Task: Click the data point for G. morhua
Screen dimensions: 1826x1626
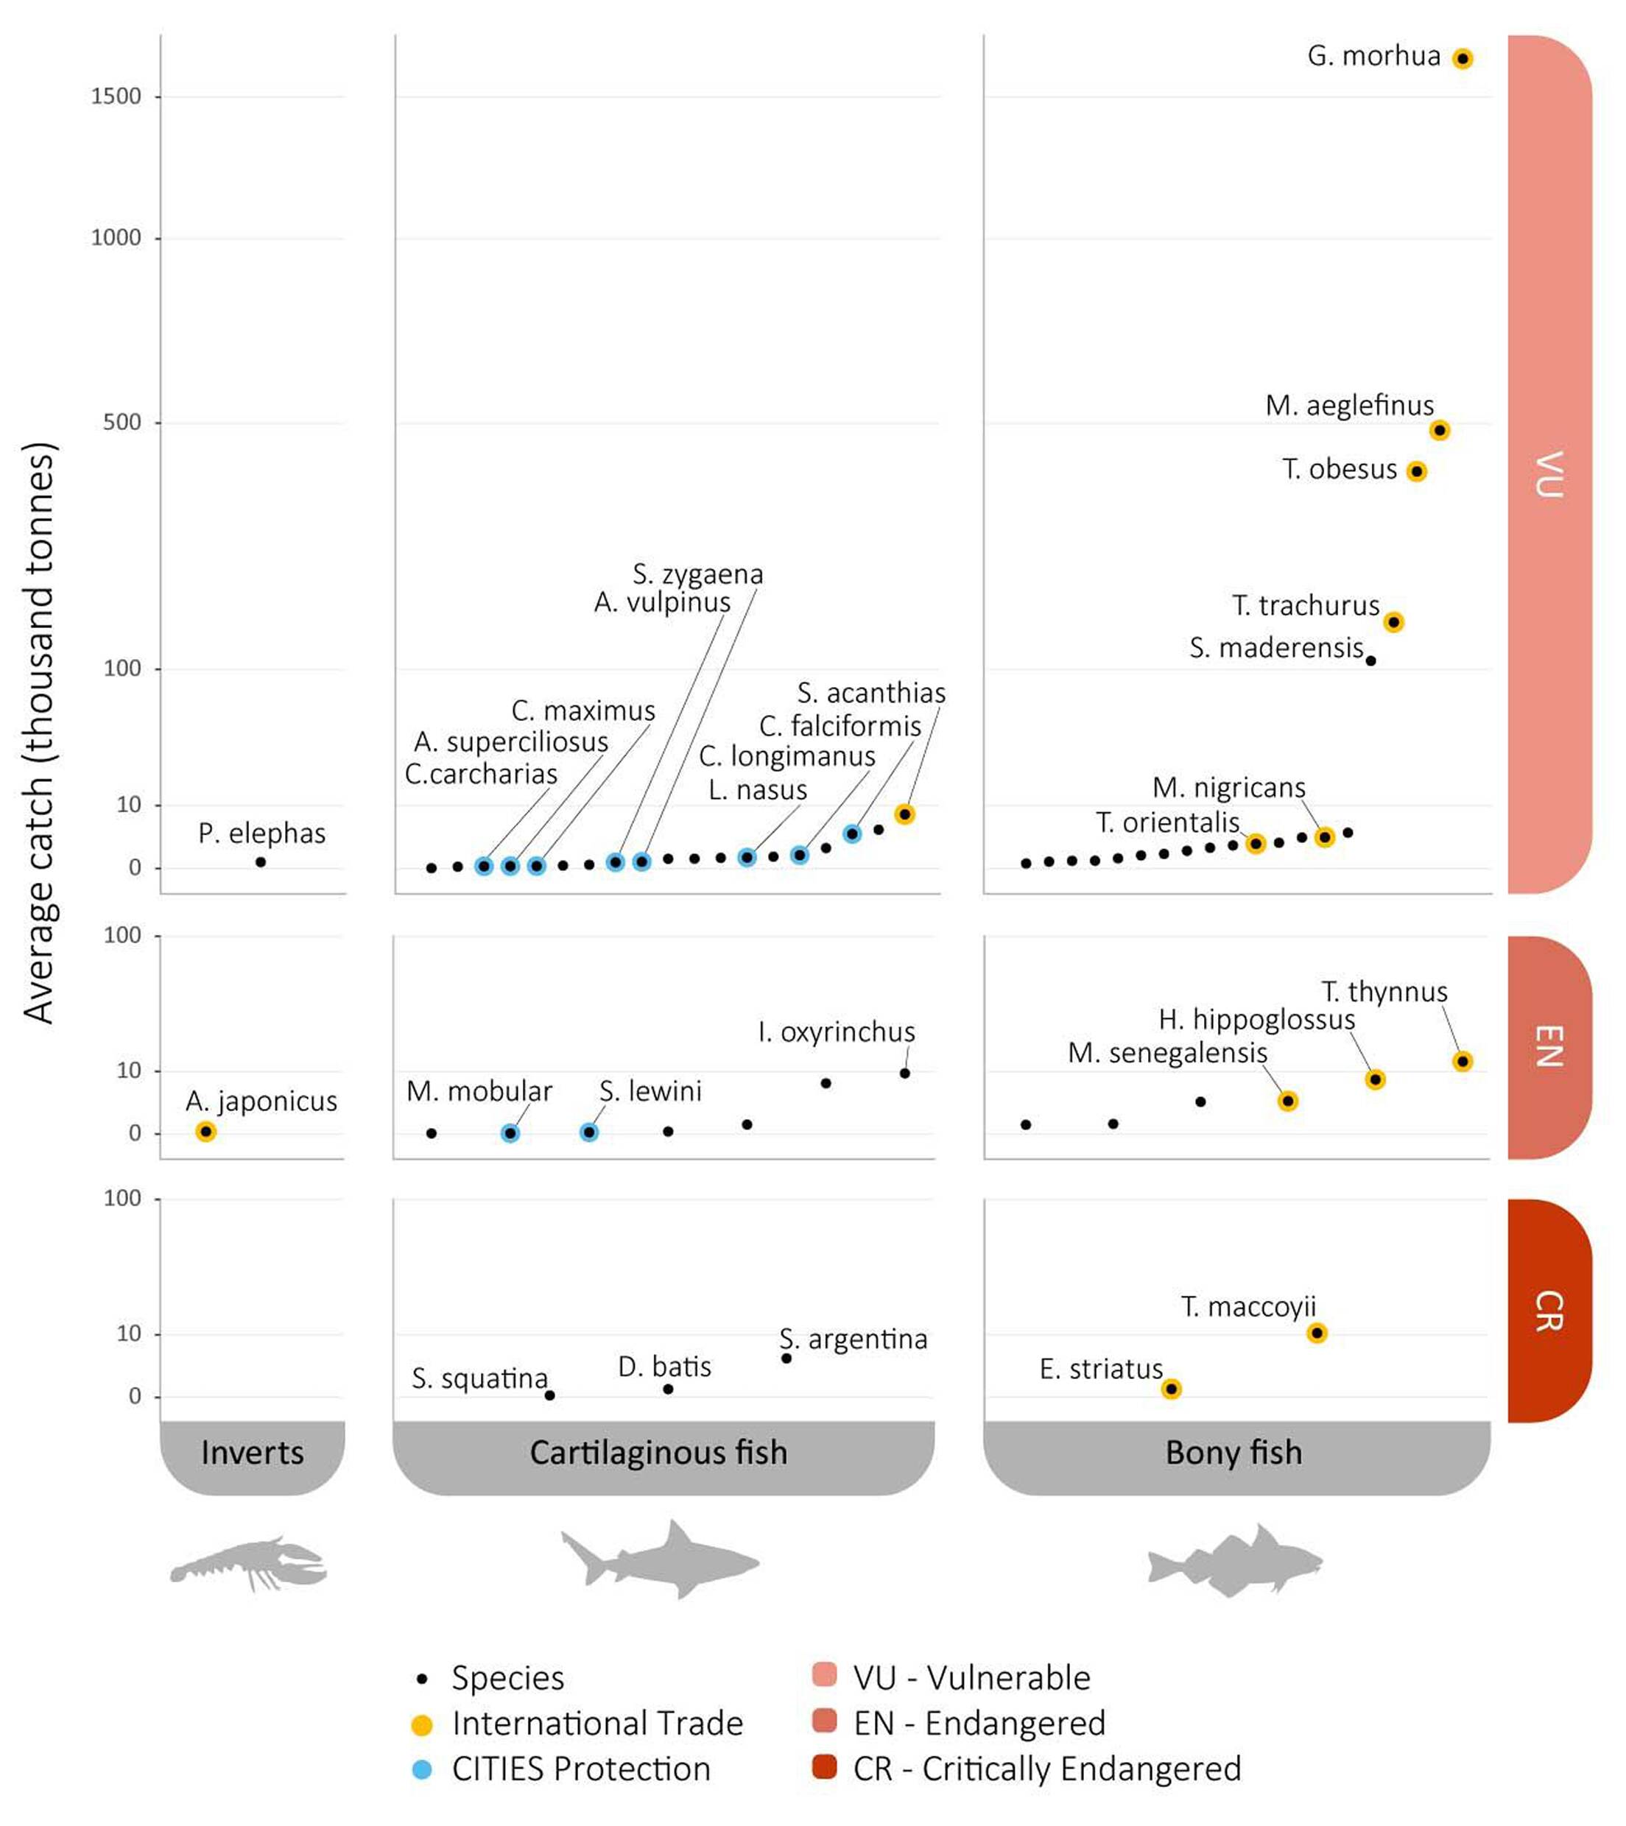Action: click(x=1462, y=59)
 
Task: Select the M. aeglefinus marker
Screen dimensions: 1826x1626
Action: click(x=1438, y=431)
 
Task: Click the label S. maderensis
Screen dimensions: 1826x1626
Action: click(x=1275, y=648)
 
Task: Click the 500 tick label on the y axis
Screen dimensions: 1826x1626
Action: click(x=122, y=422)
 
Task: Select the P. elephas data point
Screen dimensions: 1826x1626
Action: click(x=260, y=862)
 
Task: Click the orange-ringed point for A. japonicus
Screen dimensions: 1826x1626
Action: click(x=206, y=1132)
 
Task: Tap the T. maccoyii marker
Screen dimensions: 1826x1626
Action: click(x=1316, y=1333)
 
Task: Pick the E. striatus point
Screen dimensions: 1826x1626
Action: click(x=1170, y=1389)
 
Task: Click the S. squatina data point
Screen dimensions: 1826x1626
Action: click(x=549, y=1395)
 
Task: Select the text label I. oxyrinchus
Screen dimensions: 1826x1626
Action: click(x=837, y=1033)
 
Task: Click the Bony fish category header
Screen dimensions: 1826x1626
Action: click(x=1233, y=1453)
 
